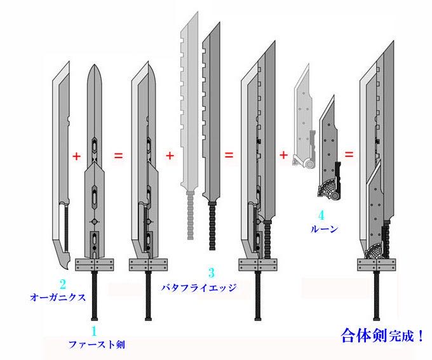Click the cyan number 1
[94, 331]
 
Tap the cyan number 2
[63, 284]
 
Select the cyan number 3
[212, 273]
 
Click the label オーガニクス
[58, 297]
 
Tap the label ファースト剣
[93, 345]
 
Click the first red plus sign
[77, 156]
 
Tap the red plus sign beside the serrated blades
[170, 156]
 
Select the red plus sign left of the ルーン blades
[283, 155]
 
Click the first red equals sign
[118, 156]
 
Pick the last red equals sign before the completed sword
[349, 155]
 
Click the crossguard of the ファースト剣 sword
[94, 265]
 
